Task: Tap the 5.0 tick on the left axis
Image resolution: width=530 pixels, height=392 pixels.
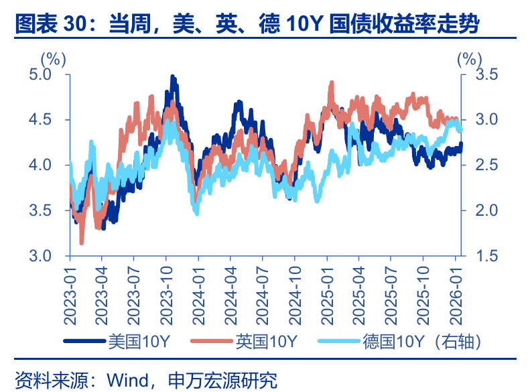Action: (x=41, y=74)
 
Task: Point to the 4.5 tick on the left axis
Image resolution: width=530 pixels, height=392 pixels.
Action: (x=41, y=120)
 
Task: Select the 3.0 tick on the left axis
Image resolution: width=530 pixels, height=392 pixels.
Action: (x=41, y=256)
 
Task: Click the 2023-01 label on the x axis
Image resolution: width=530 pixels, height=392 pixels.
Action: (x=70, y=287)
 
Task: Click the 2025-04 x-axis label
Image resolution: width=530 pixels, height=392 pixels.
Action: (x=359, y=287)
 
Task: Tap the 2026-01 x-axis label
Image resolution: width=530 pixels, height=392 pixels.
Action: (x=456, y=287)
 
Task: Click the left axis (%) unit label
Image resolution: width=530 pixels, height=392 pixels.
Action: (x=53, y=59)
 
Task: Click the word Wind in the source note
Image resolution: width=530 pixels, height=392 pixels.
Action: (x=126, y=380)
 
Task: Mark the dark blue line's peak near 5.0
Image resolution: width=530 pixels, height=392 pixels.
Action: (x=173, y=78)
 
